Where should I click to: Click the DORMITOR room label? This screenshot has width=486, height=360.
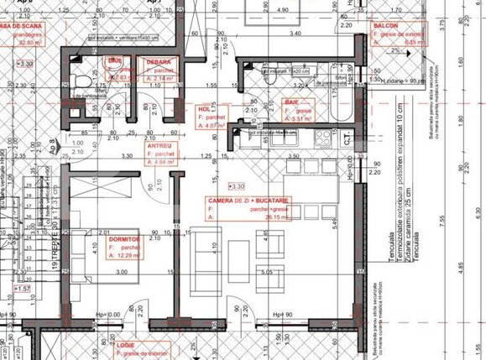(x=125, y=238)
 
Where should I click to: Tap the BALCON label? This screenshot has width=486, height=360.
(x=385, y=26)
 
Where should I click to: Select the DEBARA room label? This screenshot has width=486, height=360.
(x=159, y=63)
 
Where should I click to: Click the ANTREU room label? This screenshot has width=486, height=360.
(x=159, y=146)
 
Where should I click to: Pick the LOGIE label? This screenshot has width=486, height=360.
(x=126, y=345)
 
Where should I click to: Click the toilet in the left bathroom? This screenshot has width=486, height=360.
(x=82, y=80)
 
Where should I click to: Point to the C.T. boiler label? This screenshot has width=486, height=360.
(x=350, y=140)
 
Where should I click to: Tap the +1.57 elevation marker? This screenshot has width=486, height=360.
(x=22, y=289)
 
